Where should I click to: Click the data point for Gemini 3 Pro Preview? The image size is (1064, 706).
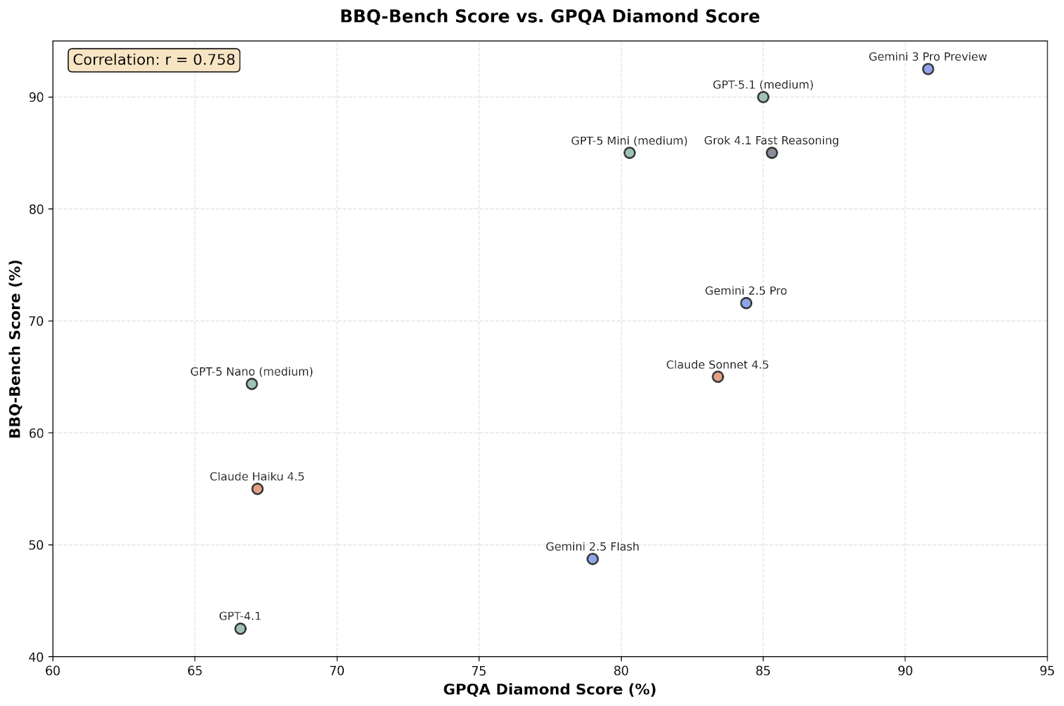(928, 69)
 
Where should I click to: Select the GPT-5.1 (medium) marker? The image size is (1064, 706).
(763, 97)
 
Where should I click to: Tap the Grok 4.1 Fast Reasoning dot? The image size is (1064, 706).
(771, 153)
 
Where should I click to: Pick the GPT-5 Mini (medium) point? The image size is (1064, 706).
(629, 153)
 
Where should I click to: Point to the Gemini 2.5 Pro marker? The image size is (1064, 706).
(746, 303)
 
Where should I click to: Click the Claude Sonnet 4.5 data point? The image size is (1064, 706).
(718, 377)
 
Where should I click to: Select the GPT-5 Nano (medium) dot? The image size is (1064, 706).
(251, 384)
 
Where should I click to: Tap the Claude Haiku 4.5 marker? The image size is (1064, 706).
(257, 489)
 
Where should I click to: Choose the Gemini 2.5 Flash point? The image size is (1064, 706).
(593, 559)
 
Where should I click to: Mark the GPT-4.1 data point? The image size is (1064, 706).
(240, 629)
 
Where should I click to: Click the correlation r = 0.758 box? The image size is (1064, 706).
(154, 60)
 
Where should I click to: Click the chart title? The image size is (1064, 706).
(549, 17)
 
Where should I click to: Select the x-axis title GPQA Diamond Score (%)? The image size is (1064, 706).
(549, 689)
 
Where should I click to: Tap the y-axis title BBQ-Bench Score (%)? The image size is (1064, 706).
(15, 349)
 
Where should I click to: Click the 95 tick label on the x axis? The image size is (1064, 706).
(1047, 670)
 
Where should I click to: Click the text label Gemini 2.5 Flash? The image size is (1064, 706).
(592, 546)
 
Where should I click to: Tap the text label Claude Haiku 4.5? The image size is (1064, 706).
(257, 477)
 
